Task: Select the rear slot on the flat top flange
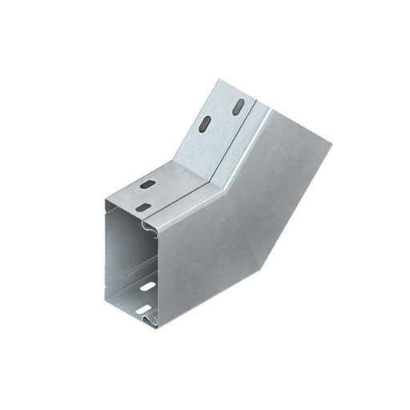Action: pos(149,185)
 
